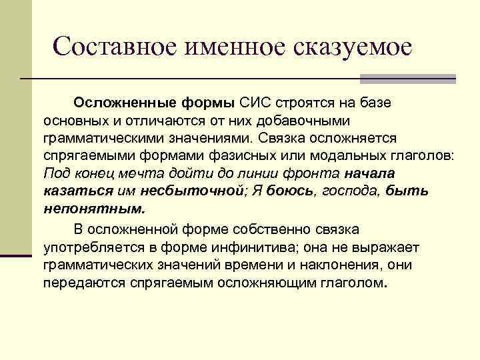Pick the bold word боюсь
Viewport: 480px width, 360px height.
[x=289, y=191]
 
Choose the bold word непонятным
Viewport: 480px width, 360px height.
[x=93, y=208]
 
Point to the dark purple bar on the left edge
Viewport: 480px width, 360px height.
[x=16, y=255]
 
